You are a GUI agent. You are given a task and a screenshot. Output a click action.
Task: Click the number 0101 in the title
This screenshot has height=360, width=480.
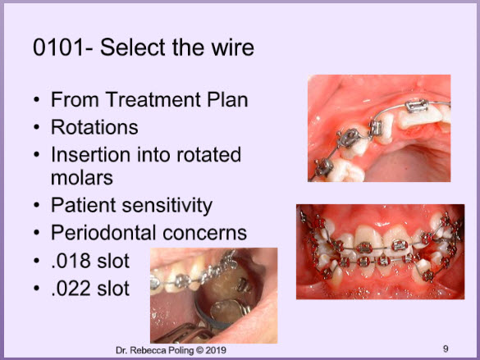58,48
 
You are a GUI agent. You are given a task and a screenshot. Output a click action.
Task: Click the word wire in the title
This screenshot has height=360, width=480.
233,48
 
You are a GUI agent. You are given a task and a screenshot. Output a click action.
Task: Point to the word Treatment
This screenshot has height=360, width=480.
153,99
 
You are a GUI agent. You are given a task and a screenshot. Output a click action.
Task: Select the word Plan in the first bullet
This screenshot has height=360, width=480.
227,99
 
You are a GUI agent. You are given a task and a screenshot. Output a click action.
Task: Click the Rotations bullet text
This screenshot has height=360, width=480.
94,127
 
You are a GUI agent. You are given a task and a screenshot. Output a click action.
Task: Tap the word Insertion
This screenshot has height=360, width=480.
91,154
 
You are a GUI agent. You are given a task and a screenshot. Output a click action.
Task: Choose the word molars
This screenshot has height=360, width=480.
82,178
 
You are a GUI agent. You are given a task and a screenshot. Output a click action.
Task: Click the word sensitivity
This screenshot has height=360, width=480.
167,205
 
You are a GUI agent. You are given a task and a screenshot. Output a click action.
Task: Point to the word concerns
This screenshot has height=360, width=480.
205,233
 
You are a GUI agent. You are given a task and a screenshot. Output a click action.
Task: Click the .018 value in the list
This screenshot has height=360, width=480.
70,261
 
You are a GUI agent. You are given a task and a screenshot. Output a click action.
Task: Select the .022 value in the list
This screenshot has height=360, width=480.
70,289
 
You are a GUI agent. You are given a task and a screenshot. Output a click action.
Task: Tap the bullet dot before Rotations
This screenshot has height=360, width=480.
37,127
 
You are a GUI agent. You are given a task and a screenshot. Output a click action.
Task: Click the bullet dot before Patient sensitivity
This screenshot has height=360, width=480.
37,205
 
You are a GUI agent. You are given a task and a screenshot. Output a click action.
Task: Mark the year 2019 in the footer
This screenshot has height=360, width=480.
216,350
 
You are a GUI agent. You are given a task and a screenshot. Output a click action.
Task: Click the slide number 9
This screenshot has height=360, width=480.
446,349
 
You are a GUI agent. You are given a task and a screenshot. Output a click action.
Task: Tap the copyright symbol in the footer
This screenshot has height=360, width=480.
199,350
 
